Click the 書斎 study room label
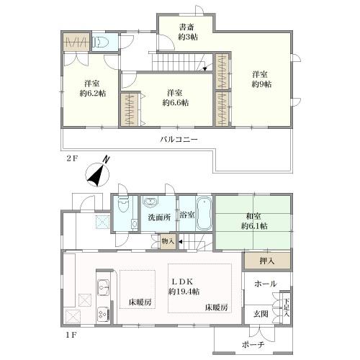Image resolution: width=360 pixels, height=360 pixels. [x=186, y=27]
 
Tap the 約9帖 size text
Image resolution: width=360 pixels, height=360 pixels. [x=261, y=84]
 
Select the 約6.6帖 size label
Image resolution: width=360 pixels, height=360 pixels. [x=175, y=103]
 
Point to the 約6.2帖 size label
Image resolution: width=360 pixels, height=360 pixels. [x=93, y=94]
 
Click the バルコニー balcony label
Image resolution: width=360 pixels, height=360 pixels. [x=179, y=139]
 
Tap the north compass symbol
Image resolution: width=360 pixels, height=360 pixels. [x=98, y=173]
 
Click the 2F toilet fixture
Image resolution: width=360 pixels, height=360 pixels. [x=100, y=42]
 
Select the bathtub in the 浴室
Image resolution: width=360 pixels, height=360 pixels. [x=204, y=214]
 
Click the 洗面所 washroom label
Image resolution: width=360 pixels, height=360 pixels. [x=159, y=217]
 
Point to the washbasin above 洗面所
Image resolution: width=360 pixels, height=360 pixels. [x=150, y=202]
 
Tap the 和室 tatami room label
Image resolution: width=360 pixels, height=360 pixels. [x=253, y=216]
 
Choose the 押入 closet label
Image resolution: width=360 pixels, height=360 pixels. [x=267, y=261]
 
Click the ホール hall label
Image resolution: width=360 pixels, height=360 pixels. [x=266, y=284]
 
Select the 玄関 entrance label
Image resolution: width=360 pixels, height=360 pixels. [x=261, y=314]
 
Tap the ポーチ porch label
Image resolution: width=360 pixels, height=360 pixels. [x=253, y=345]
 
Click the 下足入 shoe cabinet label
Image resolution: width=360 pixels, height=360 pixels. [x=286, y=307]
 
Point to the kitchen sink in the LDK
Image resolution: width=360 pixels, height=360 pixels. [x=103, y=288]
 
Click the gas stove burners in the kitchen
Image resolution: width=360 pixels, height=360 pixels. [x=103, y=314]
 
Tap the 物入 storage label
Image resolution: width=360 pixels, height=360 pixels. [x=168, y=241]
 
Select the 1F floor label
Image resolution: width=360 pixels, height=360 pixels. [x=71, y=335]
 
